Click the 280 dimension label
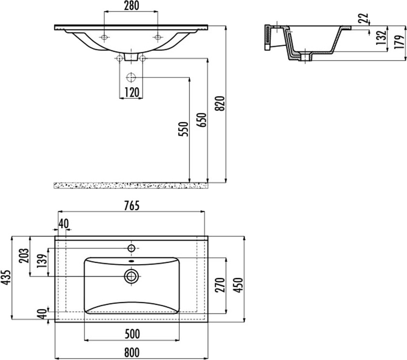[131, 6]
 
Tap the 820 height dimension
[220, 104]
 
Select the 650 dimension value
[202, 120]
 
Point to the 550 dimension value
[184, 129]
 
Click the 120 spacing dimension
[132, 93]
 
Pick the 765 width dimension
[131, 205]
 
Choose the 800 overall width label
[132, 352]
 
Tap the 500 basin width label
[132, 334]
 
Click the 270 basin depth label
[220, 285]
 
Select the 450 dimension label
[238, 285]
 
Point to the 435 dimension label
[6, 278]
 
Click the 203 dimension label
[24, 256]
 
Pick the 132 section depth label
[381, 37]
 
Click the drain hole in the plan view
[132, 276]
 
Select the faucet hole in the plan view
[132, 249]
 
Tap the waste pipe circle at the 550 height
[131, 78]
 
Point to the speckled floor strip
[131, 185]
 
